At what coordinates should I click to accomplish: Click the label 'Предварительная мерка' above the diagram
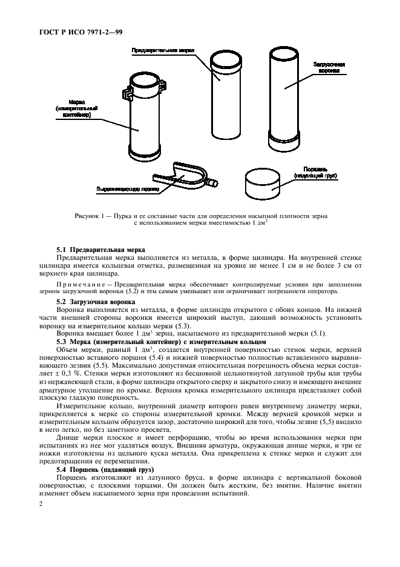coord(159,51)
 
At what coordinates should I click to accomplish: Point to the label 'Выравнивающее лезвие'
coord(127,189)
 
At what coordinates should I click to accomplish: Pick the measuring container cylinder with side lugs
coord(145,118)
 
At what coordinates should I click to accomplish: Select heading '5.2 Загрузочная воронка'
coord(96,301)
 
